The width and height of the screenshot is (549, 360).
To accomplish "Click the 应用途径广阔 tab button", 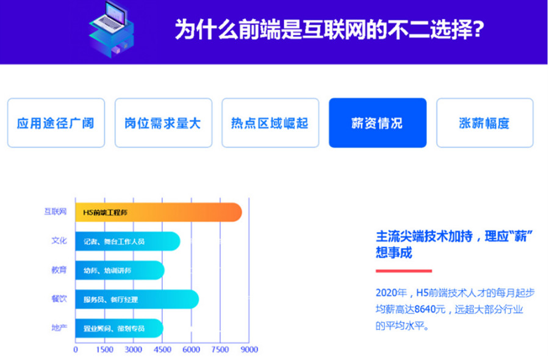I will point(56,123).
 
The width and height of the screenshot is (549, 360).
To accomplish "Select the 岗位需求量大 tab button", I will point(163,123).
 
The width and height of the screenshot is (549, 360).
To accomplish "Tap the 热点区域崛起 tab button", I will point(270,123).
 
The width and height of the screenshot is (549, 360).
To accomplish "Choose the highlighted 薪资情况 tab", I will point(377,123).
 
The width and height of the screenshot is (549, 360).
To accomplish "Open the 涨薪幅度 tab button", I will point(484,123).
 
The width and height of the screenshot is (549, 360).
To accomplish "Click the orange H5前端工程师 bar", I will point(159,212).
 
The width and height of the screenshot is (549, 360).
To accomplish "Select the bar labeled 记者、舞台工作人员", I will point(127,241).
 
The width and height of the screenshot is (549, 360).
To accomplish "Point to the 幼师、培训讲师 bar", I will point(120,270).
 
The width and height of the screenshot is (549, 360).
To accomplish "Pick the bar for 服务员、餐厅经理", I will point(137,299).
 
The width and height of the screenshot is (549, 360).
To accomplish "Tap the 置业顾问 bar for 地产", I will point(119,328).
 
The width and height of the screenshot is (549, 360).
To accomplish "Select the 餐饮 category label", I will point(59,299).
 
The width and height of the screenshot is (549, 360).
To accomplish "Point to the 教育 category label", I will point(59,270).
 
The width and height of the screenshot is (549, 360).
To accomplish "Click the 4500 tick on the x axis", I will point(162,350).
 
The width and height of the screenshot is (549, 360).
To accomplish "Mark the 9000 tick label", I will point(249,350).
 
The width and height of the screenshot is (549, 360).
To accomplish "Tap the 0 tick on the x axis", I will point(76,350).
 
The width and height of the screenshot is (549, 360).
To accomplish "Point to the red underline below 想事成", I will point(403,270).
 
